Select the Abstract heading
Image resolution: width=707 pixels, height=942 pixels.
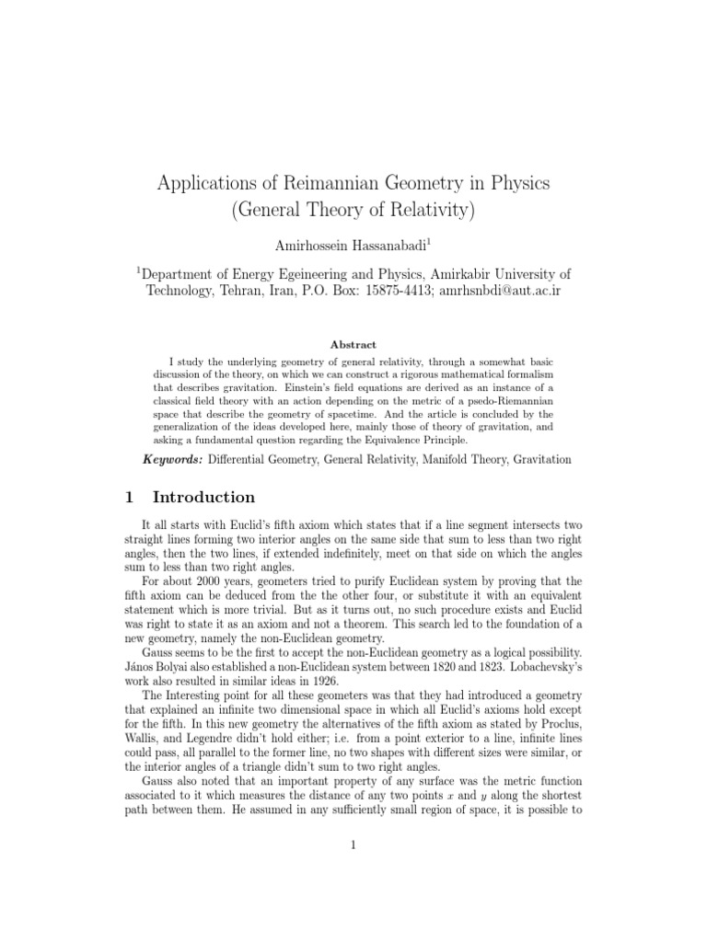[x=353, y=345]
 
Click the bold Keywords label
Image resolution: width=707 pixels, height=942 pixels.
[x=173, y=459]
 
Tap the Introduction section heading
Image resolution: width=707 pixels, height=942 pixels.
[x=203, y=498]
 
